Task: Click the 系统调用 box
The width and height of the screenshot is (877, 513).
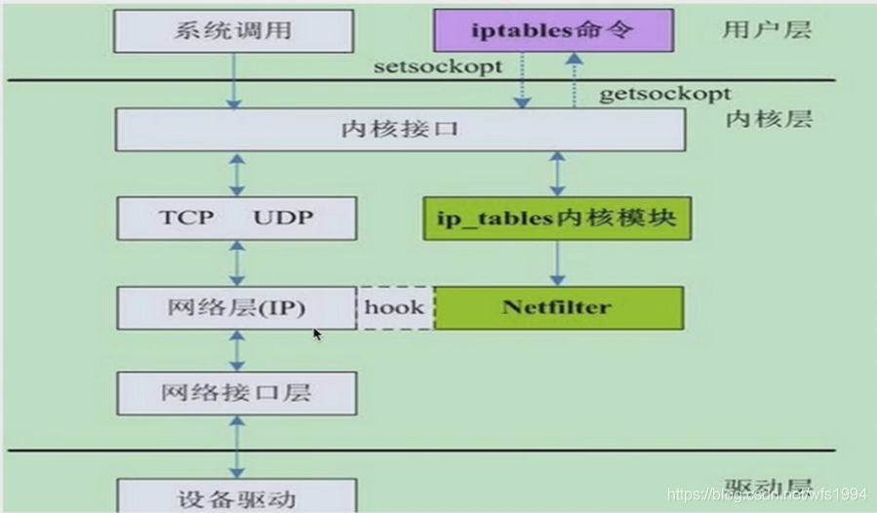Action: [x=234, y=30]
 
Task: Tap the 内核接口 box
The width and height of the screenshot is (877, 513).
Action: [x=400, y=130]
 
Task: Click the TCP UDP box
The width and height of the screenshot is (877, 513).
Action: [x=234, y=217]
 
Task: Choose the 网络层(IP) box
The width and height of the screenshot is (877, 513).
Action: [x=234, y=307]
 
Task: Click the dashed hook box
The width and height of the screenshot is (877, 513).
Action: [x=395, y=307]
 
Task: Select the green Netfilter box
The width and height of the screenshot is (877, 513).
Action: [x=558, y=307]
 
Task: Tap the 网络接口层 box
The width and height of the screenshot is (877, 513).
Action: [x=234, y=393]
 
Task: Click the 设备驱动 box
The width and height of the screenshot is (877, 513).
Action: [x=234, y=496]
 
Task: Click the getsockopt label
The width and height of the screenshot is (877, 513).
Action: [x=664, y=95]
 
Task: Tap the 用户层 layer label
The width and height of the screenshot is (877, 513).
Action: [x=767, y=29]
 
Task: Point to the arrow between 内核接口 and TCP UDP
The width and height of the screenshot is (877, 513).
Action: [x=235, y=174]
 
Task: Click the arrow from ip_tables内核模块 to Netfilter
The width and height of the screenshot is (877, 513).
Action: [x=558, y=262]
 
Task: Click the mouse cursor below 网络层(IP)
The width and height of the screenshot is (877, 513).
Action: [x=317, y=335]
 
